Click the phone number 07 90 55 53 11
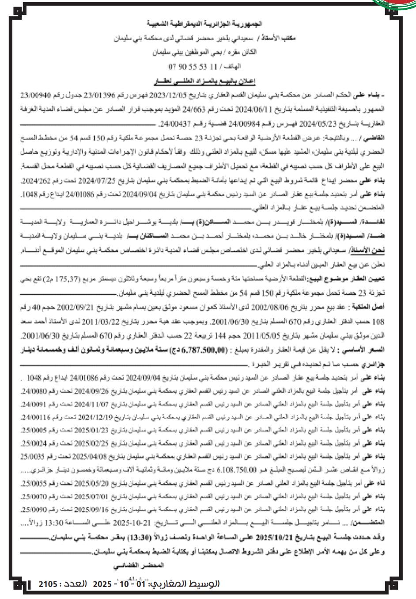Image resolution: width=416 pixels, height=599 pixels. click(x=193, y=67)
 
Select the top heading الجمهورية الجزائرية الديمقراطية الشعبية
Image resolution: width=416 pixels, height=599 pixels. click(x=208, y=22)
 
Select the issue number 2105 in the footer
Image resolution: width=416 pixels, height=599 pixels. click(x=49, y=584)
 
